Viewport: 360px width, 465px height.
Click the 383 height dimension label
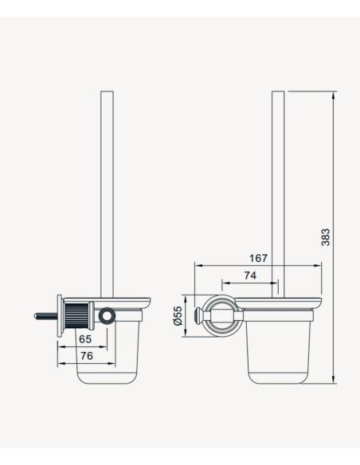pyautogui.click(x=325, y=237)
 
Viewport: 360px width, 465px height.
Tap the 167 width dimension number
pyautogui.click(x=258, y=258)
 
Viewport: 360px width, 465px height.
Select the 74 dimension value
pyautogui.click(x=250, y=275)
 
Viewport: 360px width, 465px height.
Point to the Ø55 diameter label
pyautogui.click(x=178, y=316)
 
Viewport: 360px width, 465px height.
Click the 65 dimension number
pyautogui.click(x=85, y=339)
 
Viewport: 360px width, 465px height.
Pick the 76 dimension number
pyautogui.click(x=87, y=356)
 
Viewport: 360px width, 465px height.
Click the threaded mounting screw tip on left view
pyautogui.click(x=36, y=316)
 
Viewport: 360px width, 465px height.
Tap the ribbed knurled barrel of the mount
pyautogui.click(x=76, y=315)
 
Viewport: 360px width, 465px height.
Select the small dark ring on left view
pyautogui.click(x=107, y=316)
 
